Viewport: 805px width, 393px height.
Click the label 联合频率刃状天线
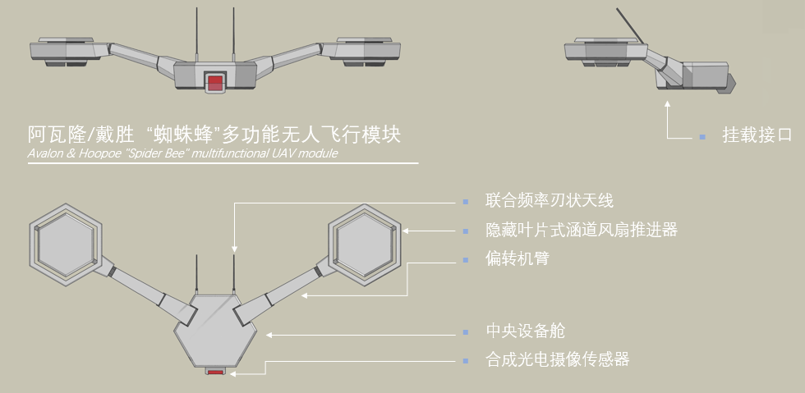coord(549,200)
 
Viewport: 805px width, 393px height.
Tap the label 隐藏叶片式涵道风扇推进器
coord(582,230)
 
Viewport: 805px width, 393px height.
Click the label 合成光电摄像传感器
coord(557,359)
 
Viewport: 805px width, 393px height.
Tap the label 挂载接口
coord(757,135)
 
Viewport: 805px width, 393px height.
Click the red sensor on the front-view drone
coord(215,82)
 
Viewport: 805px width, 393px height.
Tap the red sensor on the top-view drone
coord(215,372)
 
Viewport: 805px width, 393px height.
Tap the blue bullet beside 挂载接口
coord(702,136)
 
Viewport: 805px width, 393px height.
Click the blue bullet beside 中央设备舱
coord(466,332)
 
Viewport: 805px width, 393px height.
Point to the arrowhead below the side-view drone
coord(668,103)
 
